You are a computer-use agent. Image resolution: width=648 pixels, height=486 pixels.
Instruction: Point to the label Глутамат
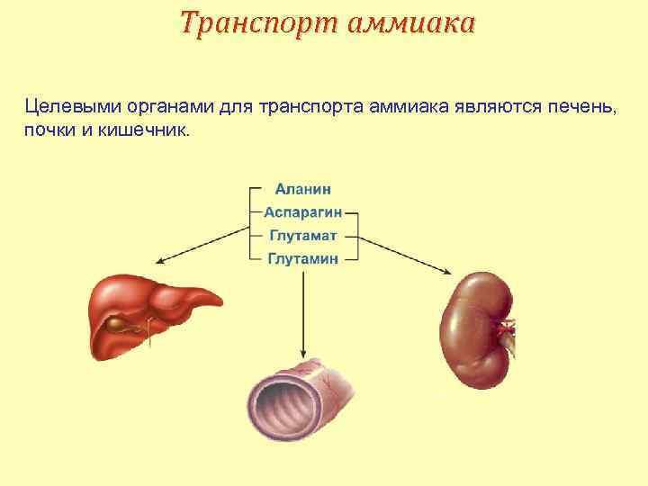click(x=302, y=236)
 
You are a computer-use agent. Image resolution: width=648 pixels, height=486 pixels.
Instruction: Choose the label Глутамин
click(x=302, y=258)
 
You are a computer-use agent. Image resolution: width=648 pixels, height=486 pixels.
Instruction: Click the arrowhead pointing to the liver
click(x=160, y=262)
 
